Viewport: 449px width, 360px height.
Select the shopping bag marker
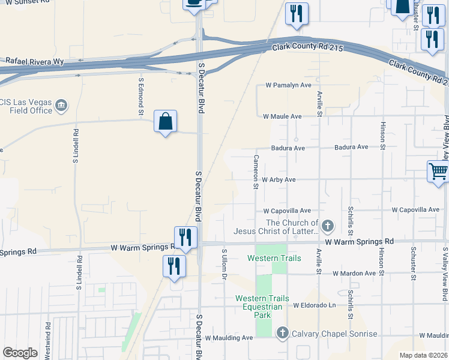165,122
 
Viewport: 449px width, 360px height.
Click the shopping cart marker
438,172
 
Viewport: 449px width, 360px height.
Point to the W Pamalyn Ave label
288,85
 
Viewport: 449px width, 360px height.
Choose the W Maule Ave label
282,116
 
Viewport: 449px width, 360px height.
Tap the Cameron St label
256,172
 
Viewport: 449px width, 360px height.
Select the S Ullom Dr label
224,265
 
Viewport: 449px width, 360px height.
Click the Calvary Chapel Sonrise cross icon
283,333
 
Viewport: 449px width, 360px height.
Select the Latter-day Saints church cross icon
327,226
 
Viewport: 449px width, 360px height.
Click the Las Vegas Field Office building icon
61,107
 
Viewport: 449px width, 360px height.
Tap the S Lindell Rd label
76,146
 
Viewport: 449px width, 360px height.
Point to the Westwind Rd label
48,341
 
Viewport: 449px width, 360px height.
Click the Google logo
20,353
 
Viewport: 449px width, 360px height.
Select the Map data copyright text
423,355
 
